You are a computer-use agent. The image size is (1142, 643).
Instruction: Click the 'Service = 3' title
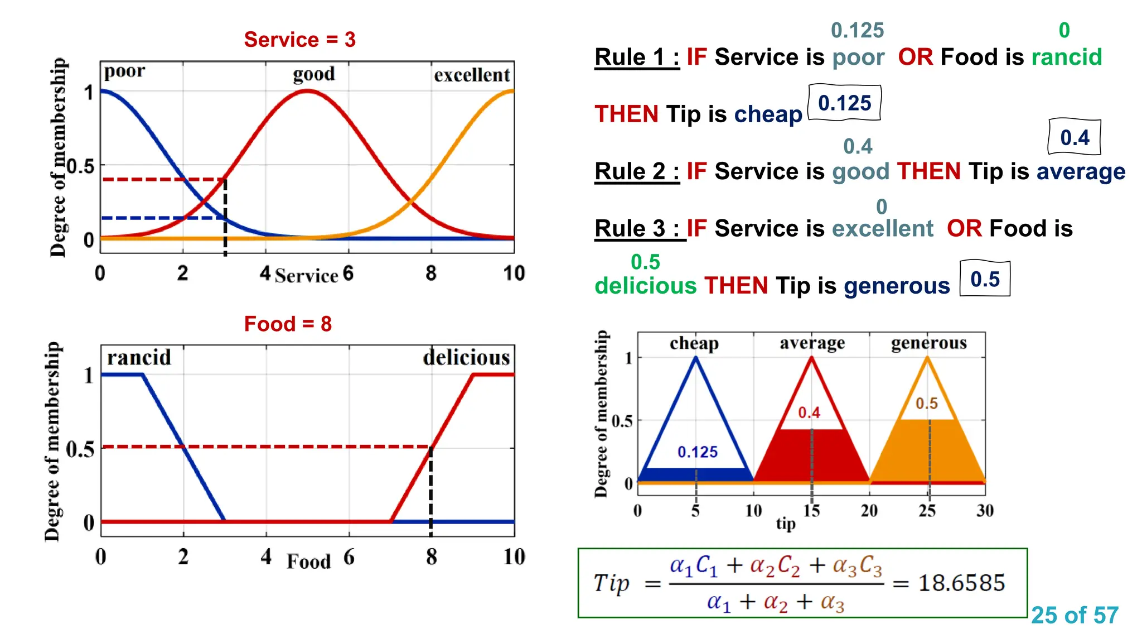[x=299, y=40]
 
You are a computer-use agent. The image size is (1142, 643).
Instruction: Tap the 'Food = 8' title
[x=288, y=324]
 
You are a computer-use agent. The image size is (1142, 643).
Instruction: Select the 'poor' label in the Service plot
[x=124, y=71]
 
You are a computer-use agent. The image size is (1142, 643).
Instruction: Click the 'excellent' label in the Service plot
[x=472, y=75]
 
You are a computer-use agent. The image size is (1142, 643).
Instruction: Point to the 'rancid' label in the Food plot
[x=139, y=357]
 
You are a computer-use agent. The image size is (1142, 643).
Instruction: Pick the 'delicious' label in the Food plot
[x=466, y=357]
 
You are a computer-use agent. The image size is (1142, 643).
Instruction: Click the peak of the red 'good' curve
[x=307, y=91]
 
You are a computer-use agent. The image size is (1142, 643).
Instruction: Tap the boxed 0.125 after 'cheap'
[x=844, y=103]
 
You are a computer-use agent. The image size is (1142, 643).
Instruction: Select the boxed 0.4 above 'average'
[x=1075, y=137]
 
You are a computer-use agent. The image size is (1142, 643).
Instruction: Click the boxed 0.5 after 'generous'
[x=985, y=279]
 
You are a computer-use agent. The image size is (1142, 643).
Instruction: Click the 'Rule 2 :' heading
[x=637, y=171]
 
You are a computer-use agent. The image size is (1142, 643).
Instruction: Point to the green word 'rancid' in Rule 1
[x=1066, y=57]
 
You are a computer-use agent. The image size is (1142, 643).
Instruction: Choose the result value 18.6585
[x=961, y=583]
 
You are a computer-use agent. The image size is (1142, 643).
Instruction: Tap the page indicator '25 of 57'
[x=1075, y=615]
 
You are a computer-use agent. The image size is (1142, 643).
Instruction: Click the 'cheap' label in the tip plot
[x=694, y=343]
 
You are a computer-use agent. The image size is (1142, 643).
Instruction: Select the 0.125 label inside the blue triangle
[x=697, y=452]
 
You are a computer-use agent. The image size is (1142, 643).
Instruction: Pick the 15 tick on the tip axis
[x=811, y=510]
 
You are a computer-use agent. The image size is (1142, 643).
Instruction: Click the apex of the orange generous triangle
[x=927, y=358]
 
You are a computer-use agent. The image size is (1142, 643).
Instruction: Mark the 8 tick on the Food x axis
[x=431, y=556]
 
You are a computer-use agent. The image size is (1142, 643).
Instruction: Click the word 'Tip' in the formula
[x=611, y=583]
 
